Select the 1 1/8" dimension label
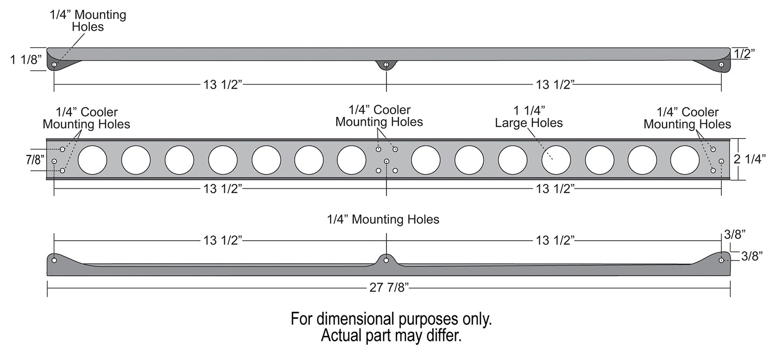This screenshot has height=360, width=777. pyautogui.click(x=25, y=60)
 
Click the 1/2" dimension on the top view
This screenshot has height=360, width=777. pyautogui.click(x=744, y=53)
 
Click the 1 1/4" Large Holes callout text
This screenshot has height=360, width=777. pyautogui.click(x=528, y=117)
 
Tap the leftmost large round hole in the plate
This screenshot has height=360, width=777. pyautogui.click(x=92, y=160)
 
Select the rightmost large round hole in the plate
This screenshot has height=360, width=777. pyautogui.click(x=685, y=160)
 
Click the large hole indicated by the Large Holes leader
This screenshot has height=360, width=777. pyautogui.click(x=556, y=160)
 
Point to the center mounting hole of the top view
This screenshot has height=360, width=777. pyautogui.click(x=386, y=65)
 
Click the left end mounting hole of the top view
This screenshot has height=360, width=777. pyautogui.click(x=54, y=65)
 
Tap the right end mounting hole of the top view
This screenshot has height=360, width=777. pyautogui.click(x=721, y=65)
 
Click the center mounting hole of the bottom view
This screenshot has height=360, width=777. pyautogui.click(x=386, y=260)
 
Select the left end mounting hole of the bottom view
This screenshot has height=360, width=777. pyautogui.click(x=54, y=259)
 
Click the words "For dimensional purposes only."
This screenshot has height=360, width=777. pyautogui.click(x=391, y=319)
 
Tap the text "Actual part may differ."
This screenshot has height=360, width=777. pyautogui.click(x=391, y=336)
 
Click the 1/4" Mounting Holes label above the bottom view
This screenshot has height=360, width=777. pyautogui.click(x=383, y=220)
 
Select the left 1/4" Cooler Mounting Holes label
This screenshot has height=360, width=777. pyautogui.click(x=87, y=118)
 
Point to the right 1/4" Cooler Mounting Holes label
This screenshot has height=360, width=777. pyautogui.click(x=687, y=118)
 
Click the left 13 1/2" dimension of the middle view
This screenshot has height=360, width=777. pyautogui.click(x=222, y=189)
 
